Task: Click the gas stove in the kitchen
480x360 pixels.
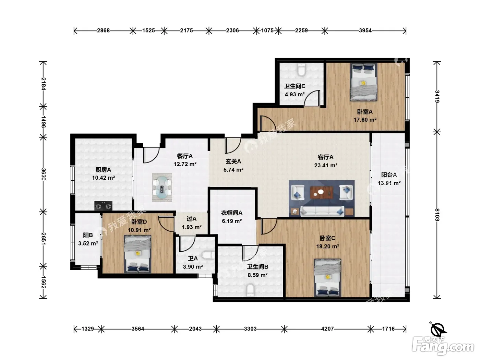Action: click(103, 206)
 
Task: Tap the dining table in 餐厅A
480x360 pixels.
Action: click(162, 187)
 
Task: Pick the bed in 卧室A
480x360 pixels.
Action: click(363, 82)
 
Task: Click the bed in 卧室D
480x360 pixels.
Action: click(137, 254)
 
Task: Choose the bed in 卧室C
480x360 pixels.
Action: click(327, 278)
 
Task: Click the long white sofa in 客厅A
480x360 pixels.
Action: click(322, 211)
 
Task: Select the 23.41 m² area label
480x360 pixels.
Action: click(326, 166)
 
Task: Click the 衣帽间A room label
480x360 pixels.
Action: click(231, 213)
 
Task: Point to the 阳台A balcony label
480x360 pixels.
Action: click(389, 175)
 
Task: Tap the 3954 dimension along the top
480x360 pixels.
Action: click(365, 31)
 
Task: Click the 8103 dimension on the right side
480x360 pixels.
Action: click(437, 215)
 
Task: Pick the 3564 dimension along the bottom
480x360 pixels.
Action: click(138, 329)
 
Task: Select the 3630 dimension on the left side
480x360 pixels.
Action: click(44, 174)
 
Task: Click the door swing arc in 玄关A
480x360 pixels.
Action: click(233, 145)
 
